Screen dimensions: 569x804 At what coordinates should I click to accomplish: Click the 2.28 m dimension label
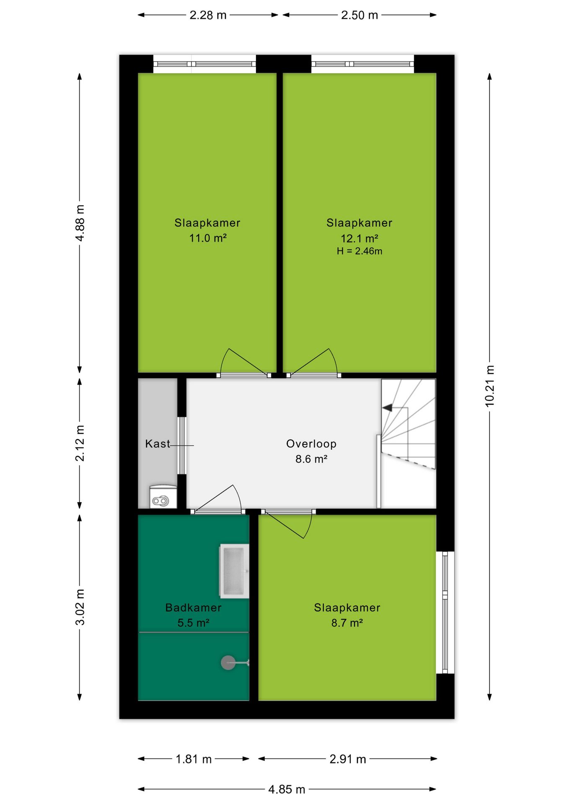click(208, 15)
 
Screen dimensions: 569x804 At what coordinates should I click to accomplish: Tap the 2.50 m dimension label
click(360, 15)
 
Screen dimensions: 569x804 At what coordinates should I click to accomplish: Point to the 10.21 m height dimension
click(490, 386)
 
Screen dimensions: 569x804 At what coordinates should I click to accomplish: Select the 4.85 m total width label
click(287, 789)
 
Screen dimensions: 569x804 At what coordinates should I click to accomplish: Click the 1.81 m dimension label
click(194, 759)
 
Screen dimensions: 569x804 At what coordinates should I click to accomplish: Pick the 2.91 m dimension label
click(348, 759)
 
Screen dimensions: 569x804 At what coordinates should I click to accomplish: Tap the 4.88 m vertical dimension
click(80, 223)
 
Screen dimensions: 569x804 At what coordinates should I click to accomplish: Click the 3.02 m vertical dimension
click(80, 607)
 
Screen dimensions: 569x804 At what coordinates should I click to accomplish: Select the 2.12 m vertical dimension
click(80, 443)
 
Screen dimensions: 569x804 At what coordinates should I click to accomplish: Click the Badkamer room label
click(193, 608)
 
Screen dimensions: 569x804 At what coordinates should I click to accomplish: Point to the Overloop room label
click(311, 444)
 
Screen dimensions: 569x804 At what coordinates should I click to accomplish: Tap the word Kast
click(158, 444)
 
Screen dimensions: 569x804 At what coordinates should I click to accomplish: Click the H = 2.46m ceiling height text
click(360, 251)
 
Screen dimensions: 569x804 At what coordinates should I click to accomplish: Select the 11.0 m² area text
click(208, 238)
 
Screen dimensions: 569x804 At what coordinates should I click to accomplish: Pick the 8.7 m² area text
click(347, 623)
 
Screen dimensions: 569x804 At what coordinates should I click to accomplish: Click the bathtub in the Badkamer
click(234, 571)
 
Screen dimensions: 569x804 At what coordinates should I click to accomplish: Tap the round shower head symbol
click(228, 662)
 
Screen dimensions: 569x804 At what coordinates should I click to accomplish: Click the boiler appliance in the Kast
click(163, 497)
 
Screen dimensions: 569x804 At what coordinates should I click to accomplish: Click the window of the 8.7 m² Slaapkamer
click(445, 613)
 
